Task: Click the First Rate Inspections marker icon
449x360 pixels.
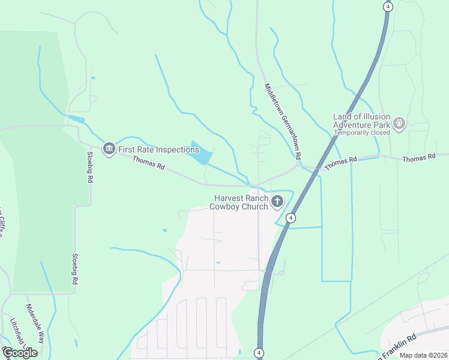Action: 109,148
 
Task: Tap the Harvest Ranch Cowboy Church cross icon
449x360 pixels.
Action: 277,202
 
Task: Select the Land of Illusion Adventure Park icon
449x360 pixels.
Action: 399,125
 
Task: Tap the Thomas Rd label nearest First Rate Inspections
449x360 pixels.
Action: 148,163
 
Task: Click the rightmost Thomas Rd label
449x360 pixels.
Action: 418,158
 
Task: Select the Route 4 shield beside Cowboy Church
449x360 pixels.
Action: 291,218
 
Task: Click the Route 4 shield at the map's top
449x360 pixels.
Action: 388,7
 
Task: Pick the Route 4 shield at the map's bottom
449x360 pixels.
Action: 259,352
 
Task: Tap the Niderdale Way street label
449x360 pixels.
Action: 35,323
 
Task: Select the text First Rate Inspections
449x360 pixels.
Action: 158,149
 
